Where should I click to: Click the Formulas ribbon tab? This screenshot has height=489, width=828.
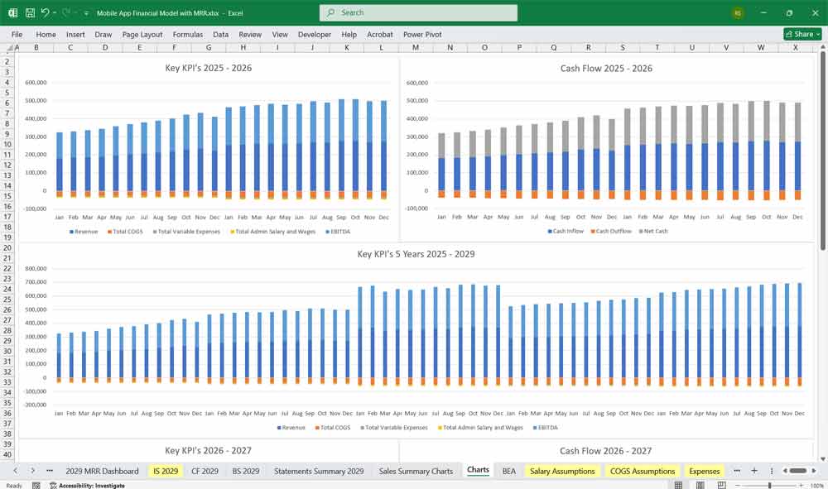tap(187, 35)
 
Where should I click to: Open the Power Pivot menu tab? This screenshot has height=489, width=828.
tap(422, 35)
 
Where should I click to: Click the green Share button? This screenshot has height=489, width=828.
tap(802, 34)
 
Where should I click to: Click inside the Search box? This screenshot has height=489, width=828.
tap(418, 12)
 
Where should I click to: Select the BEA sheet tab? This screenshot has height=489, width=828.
tap(508, 471)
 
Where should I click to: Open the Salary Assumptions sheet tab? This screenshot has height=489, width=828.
tap(562, 471)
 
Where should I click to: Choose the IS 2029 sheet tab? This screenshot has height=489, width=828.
tap(165, 471)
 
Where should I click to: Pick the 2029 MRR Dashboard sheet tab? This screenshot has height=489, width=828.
tap(102, 471)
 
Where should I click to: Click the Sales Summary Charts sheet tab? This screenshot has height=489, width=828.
tap(416, 471)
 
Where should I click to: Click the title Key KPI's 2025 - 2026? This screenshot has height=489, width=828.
tap(208, 68)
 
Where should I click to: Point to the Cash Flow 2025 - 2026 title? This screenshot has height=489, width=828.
tap(606, 68)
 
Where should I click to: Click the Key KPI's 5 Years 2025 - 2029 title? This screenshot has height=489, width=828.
tap(416, 254)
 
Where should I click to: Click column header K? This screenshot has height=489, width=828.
tap(346, 48)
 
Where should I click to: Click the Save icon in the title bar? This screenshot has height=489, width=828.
tap(30, 13)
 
